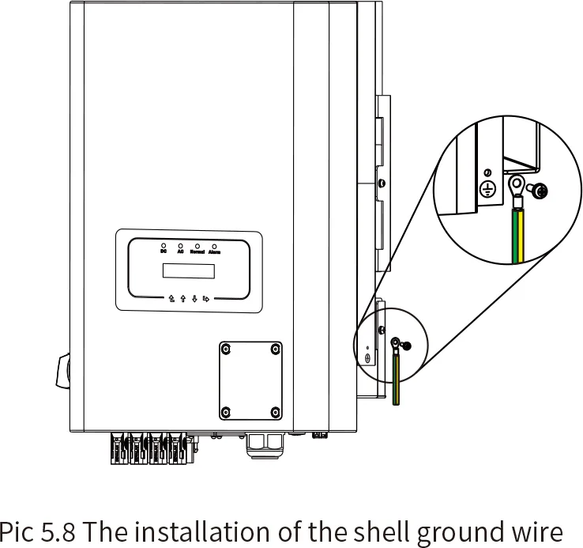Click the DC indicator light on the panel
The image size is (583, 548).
(x=164, y=246)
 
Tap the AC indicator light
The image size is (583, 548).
(x=180, y=246)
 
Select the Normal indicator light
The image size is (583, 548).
(x=197, y=246)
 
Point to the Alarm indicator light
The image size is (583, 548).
(x=213, y=246)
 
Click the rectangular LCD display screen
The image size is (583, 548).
(x=188, y=270)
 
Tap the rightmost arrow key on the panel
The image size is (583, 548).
(x=206, y=299)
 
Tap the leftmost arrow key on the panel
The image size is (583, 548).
(x=171, y=299)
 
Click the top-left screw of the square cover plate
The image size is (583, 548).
(x=226, y=349)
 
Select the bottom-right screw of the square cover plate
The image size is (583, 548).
(x=275, y=411)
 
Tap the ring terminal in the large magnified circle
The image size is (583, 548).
(x=517, y=187)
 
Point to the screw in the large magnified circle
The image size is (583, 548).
(x=540, y=191)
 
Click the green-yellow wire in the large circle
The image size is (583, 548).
(x=519, y=237)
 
